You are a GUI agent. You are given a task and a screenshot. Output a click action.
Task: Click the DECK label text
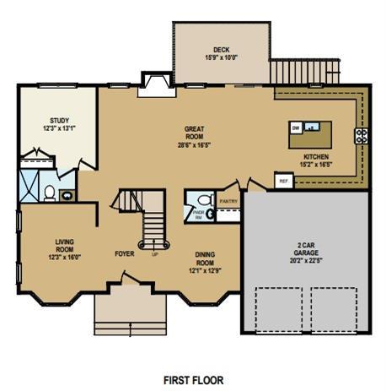pyautogui.click(x=222, y=50)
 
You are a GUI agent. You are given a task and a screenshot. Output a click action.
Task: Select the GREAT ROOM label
pyautogui.click(x=195, y=133)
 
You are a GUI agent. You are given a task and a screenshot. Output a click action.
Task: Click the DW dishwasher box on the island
pyautogui.click(x=296, y=128)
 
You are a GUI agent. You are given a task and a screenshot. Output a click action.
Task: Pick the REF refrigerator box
pyautogui.click(x=282, y=180)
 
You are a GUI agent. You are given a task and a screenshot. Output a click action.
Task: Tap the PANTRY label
pyautogui.click(x=228, y=202)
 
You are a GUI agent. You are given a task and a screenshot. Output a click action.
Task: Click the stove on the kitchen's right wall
pyautogui.click(x=360, y=135)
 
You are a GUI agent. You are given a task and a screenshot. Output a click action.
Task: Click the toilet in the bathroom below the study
pyautogui.click(x=50, y=194)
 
